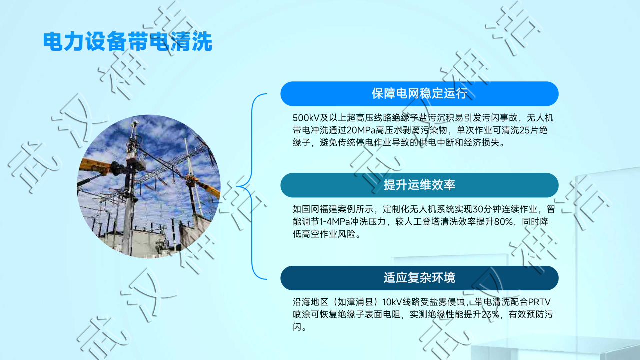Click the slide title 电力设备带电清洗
pos(127,41)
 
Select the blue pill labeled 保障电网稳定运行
pos(419,94)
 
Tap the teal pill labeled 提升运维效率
pos(419,185)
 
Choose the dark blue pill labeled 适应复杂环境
pos(419,278)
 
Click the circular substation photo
pos(149,186)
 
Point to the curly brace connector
pos(252,186)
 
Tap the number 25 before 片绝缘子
pos(525,130)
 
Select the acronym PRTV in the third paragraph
pos(539,302)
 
